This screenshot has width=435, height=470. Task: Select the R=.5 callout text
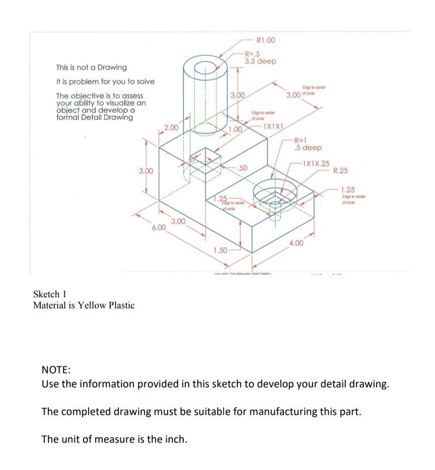pos(252,54)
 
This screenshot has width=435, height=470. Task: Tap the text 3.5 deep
pos(260,61)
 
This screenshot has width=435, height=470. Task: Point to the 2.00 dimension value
pos(171,128)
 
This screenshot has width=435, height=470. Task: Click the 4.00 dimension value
pos(297,244)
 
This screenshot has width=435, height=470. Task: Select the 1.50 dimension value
pos(221,250)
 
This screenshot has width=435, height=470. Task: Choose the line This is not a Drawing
pos(91,67)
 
